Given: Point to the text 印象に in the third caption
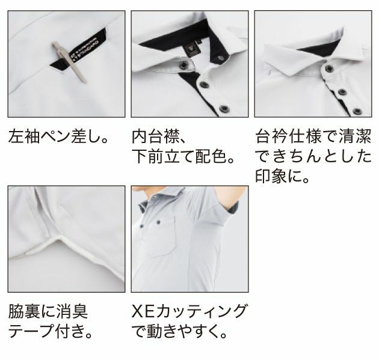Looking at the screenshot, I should coord(281,178).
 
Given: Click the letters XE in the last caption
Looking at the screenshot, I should coord(143,311).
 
